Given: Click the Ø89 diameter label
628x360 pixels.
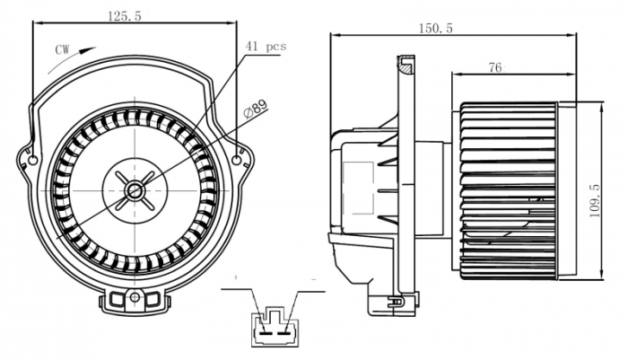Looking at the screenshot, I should point(255,110).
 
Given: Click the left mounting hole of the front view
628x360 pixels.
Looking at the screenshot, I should point(33,161).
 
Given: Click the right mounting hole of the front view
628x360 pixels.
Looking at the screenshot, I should point(238,161).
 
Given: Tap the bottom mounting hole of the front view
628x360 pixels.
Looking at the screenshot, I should point(135,295).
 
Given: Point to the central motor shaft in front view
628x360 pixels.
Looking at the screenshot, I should point(135,189).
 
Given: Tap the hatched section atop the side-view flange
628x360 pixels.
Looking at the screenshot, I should point(406,65).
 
